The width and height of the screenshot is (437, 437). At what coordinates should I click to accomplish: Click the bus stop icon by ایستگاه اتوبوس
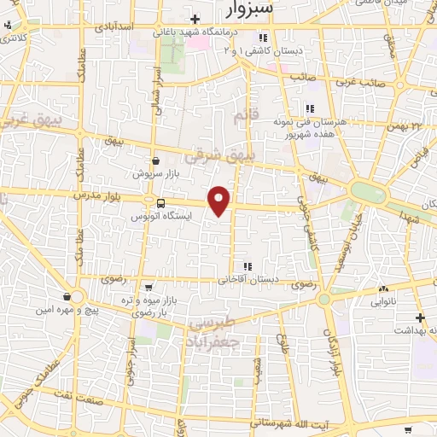161,203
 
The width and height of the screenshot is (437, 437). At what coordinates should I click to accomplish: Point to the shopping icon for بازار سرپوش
154,160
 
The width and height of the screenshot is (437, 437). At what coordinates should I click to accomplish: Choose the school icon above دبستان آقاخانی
248,265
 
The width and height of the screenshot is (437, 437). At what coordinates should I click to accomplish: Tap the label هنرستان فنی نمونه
341,122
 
